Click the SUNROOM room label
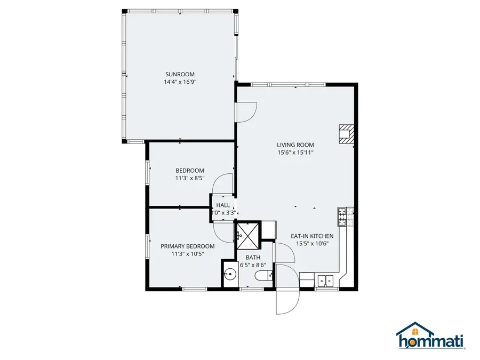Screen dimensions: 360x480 pos(180,74)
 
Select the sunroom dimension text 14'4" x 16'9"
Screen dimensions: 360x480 pos(180,82)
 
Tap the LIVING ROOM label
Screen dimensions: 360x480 pos(295,145)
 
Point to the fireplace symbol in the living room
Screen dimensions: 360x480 pos(346,133)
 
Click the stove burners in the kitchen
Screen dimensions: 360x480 pos(342,215)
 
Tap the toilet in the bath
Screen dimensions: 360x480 pos(263,276)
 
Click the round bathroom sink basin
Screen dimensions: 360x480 pos(230,275)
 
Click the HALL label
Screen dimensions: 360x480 pos(223,205)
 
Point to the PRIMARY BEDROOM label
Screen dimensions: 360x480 pos(188,246)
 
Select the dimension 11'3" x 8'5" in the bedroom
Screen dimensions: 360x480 pos(190,178)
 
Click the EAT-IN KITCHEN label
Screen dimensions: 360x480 pos(312,236)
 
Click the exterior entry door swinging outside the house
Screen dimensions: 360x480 pos(283,301)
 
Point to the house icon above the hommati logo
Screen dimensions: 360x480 pos(414,329)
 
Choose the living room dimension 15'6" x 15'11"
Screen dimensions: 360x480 pos(295,153)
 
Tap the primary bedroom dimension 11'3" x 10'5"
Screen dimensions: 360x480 pos(188,254)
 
